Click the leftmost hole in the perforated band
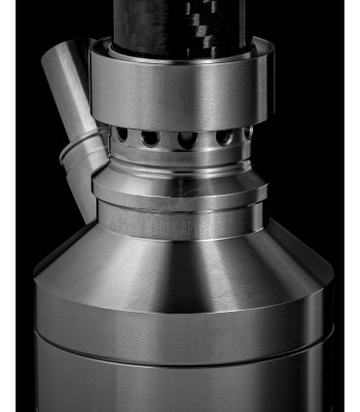(123, 133)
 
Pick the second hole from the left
(150, 138)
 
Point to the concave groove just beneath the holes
(180, 162)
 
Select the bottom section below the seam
(180, 380)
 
